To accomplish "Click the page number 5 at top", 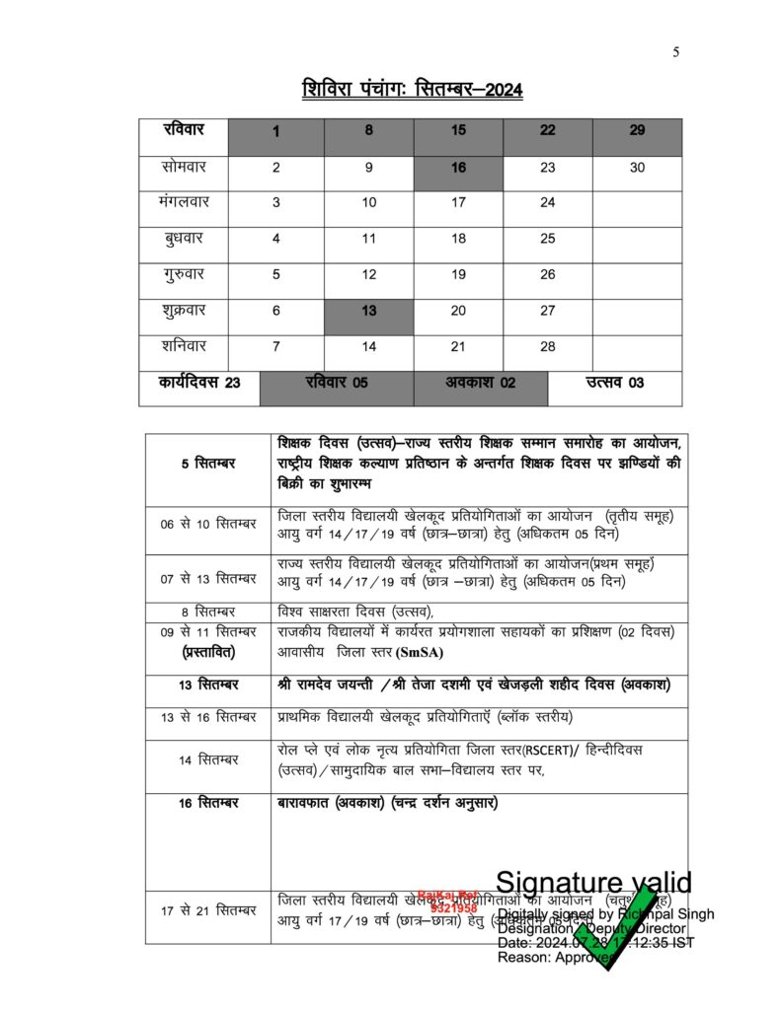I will [676, 52].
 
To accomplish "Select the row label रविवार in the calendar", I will [184, 131].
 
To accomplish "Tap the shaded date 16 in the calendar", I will [458, 168].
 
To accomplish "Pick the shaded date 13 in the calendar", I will [368, 311].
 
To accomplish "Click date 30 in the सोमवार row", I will [637, 168].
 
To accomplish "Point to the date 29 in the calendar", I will [637, 131].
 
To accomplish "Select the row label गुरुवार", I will [184, 275].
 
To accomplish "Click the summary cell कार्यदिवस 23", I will [199, 383].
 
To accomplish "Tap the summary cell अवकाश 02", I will [480, 383].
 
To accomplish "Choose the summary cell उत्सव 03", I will [615, 383].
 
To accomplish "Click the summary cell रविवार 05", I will [337, 383].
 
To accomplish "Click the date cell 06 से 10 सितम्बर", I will [208, 524].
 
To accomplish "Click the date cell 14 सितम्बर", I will [208, 760].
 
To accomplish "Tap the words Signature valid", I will [593, 882].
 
